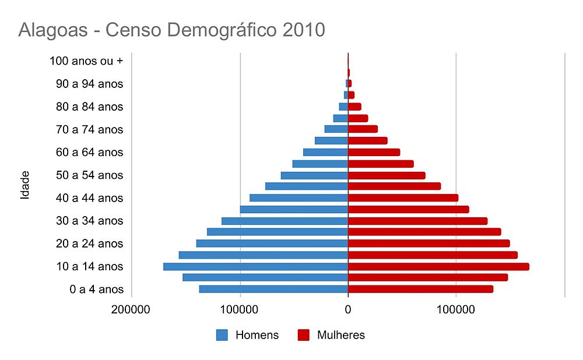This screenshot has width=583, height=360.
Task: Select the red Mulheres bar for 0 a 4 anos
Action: pyautogui.click(x=420, y=289)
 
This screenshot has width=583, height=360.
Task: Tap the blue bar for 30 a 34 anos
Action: pyautogui.click(x=285, y=221)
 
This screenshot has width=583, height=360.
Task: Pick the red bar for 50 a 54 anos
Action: pyautogui.click(x=386, y=175)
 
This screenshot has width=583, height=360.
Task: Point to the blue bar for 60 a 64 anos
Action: pyautogui.click(x=325, y=152)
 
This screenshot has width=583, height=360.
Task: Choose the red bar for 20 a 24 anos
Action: pyautogui.click(x=429, y=243)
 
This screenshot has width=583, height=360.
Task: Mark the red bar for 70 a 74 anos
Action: pyautogui.click(x=363, y=129)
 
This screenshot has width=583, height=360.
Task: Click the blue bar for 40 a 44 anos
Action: pyautogui.click(x=298, y=198)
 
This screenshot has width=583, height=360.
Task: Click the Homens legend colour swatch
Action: pyautogui.click(x=222, y=335)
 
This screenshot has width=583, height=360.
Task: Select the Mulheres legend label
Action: pyautogui.click(x=341, y=335)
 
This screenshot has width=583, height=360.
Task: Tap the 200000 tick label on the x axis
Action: pyautogui.click(x=131, y=310)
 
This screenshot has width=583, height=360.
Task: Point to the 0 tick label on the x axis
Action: pyautogui.click(x=348, y=310)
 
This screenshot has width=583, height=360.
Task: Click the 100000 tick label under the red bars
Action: pyautogui.click(x=455, y=310)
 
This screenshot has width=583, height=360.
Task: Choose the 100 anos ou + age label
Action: pyautogui.click(x=86, y=61)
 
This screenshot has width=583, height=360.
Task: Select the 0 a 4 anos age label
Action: pyautogui.click(x=96, y=290)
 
